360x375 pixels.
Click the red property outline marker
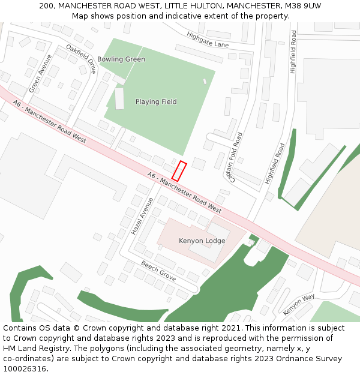coord(179,171)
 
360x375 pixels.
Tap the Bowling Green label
coord(121,59)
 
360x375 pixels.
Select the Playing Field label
coord(156,102)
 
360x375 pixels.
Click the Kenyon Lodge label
coord(202,241)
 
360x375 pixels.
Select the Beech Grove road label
coord(158,271)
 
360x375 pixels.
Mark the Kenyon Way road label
coord(299,304)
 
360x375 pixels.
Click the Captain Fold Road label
coord(233,157)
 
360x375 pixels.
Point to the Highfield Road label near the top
coord(293,53)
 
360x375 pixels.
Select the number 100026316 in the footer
coord(26,368)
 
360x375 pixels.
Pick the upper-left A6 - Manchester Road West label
coord(49,121)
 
